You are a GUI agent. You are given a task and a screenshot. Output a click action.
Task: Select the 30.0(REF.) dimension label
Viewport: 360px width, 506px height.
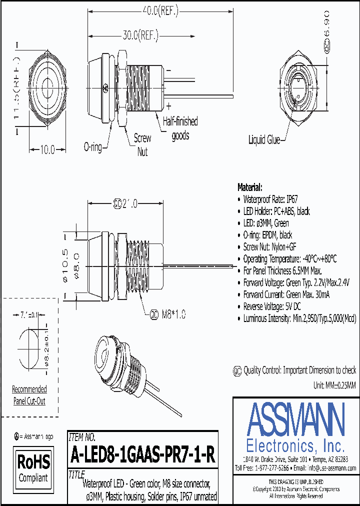click(x=140, y=35)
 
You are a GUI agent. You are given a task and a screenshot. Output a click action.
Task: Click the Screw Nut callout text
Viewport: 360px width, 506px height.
click(x=143, y=144)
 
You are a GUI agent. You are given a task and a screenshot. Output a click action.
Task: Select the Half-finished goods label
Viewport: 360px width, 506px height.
click(x=180, y=128)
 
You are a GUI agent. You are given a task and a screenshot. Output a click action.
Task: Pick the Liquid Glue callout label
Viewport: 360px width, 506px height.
click(x=264, y=140)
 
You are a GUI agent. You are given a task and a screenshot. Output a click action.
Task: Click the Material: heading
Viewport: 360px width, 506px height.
click(x=249, y=187)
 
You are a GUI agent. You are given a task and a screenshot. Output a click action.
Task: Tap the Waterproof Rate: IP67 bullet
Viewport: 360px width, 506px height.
click(x=272, y=199)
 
